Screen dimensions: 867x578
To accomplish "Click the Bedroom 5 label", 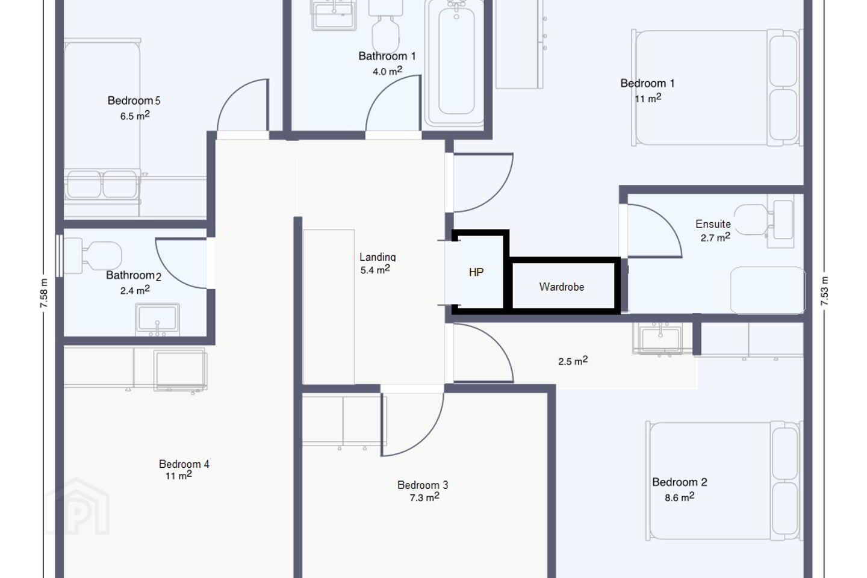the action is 134,101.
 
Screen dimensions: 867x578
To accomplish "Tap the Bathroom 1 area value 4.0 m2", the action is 388,71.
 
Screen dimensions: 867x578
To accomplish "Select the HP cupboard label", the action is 476,272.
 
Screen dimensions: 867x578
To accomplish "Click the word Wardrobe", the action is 562,287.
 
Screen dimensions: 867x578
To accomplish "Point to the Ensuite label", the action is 713,224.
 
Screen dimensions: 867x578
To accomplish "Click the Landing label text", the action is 378,257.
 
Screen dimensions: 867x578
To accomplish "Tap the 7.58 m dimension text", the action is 44,293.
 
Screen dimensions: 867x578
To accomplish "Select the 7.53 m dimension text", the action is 824,291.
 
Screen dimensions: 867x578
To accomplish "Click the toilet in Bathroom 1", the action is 385,25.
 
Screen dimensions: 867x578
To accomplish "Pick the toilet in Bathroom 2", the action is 93,256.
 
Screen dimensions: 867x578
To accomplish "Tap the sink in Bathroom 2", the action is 157,319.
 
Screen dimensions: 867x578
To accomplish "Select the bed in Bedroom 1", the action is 717,87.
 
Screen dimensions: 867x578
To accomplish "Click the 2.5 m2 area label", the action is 573,361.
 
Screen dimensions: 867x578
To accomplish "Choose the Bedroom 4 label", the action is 184,464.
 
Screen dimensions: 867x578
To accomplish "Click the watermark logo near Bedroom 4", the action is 78,506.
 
